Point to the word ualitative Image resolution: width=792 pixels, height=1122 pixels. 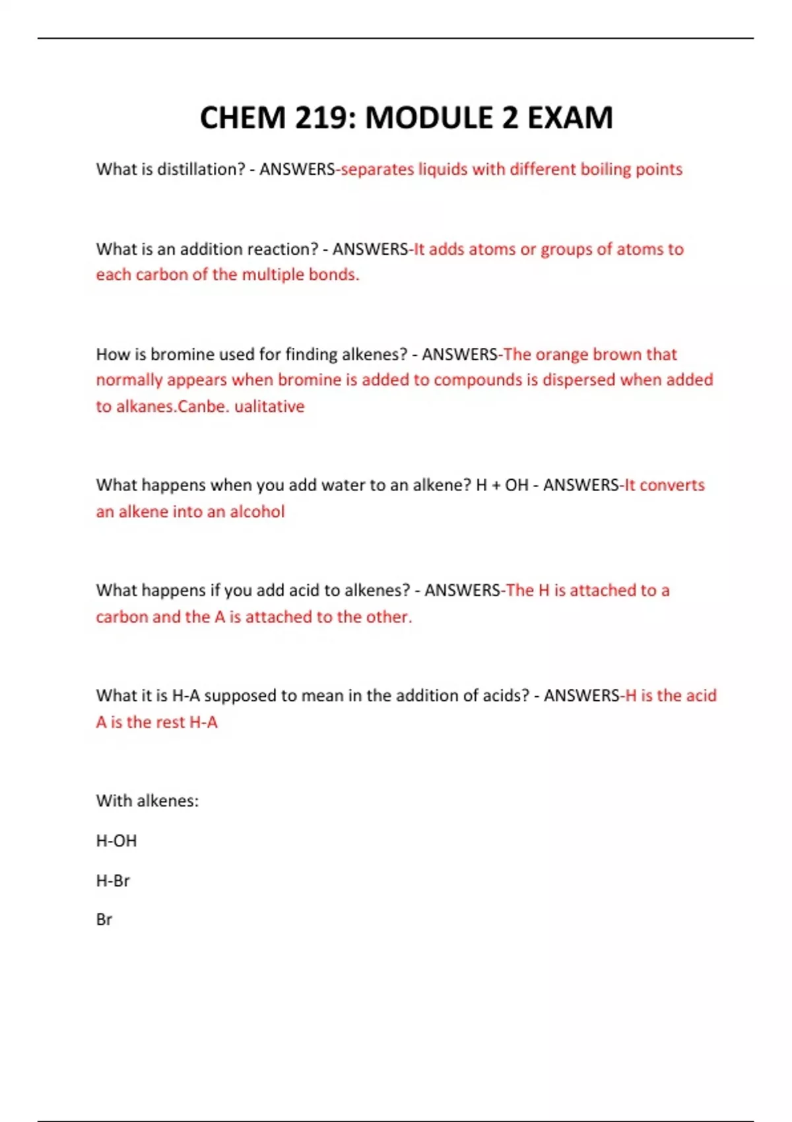[x=269, y=407]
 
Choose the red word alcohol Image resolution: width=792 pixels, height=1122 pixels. [x=257, y=511]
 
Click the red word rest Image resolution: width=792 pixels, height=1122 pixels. [x=170, y=722]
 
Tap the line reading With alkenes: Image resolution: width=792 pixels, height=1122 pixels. [x=147, y=801]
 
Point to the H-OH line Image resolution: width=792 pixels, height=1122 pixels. [x=116, y=841]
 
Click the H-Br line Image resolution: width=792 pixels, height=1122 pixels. [x=113, y=880]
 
